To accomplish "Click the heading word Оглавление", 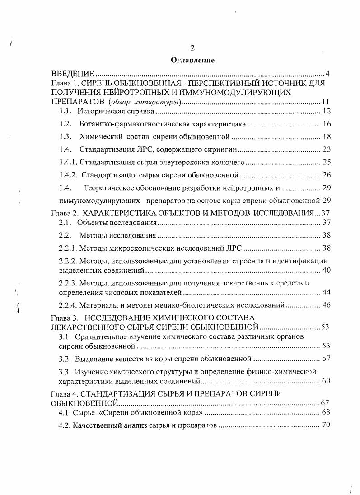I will pos(192,60).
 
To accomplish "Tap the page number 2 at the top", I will pos(192,48).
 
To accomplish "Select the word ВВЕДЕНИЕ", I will pos(73,74).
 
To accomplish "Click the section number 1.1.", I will pos(65,111).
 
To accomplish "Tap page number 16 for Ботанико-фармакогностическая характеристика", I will pos(327,123).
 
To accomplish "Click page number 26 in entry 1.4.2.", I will pos(327,175).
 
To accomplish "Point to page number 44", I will pos(327,292).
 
